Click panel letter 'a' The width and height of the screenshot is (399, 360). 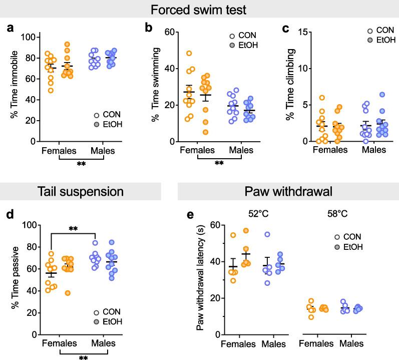[x=10, y=28]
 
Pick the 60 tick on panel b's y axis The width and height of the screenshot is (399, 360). [x=171, y=32]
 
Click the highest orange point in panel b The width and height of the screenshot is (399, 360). [x=189, y=53]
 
